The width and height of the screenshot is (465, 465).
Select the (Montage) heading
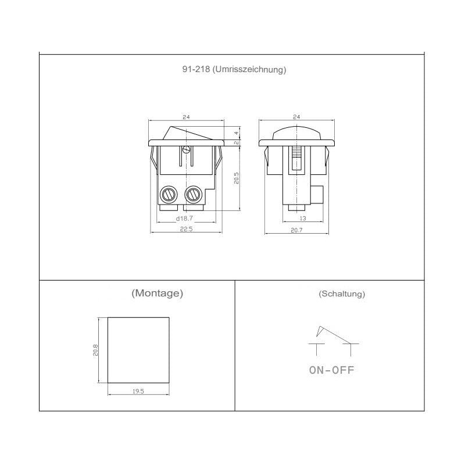[x=158, y=293]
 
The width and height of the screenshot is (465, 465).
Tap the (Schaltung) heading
[x=342, y=294]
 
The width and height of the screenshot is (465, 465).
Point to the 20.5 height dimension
[x=235, y=178]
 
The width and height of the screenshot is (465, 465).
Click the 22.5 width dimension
[x=186, y=230]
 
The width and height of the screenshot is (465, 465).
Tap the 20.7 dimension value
[x=296, y=230]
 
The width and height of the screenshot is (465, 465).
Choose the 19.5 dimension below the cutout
[x=138, y=392]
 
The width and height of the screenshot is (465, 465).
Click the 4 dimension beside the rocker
[x=237, y=133]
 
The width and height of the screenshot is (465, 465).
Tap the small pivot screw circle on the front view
[x=186, y=150]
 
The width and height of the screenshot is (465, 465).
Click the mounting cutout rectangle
[x=138, y=349]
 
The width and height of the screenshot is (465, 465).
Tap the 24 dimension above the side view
[x=296, y=117]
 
